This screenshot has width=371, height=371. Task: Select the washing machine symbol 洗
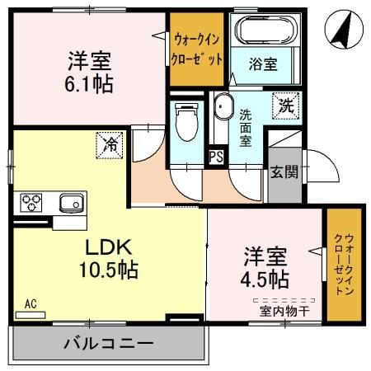[285, 106]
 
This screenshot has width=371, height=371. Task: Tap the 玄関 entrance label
[282, 171]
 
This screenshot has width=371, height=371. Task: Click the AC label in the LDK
[31, 303]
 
